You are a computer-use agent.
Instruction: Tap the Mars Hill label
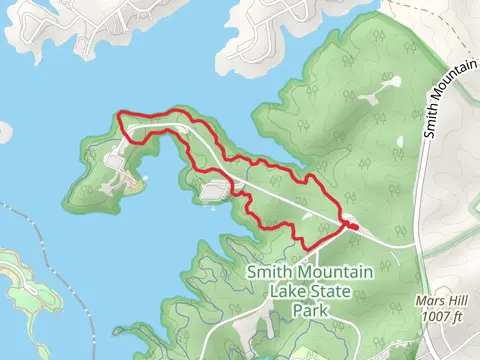click(440, 301)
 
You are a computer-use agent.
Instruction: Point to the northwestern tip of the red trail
click(119, 116)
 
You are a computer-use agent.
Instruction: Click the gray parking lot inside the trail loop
click(215, 190)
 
